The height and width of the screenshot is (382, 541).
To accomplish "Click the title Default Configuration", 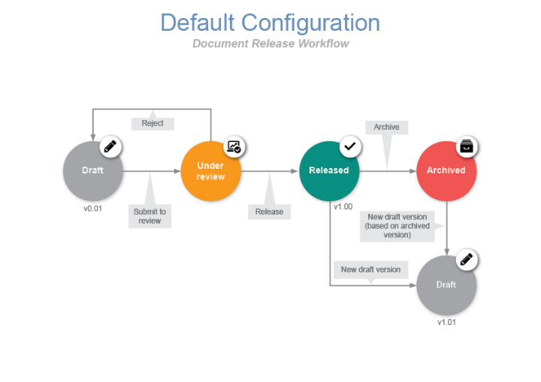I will [x=270, y=23].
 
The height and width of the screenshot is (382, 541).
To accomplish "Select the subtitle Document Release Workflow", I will [x=270, y=44].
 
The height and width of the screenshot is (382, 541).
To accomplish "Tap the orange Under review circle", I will [x=210, y=171].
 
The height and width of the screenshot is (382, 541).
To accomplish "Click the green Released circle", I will [x=329, y=170].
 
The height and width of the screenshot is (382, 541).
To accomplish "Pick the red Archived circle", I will [x=446, y=170].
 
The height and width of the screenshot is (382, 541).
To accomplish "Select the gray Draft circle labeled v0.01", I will [x=92, y=170].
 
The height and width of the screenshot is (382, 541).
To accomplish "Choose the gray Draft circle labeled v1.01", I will [x=446, y=285].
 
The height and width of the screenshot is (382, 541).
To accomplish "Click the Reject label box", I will [x=153, y=123].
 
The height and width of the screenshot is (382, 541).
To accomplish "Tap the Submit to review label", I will [x=150, y=216].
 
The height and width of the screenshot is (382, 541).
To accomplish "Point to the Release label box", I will [x=269, y=212].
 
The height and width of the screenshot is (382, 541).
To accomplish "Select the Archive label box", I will [x=386, y=127].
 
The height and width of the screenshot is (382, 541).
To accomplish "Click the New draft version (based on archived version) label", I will [x=397, y=226].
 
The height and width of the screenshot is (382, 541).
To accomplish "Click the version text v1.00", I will [x=343, y=206].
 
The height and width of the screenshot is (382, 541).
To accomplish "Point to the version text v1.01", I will [x=446, y=322].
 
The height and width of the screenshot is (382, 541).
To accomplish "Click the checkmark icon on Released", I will [x=349, y=146].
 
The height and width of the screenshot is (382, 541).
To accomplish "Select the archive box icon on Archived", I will [x=467, y=146].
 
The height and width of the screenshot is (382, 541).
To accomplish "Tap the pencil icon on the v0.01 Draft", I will [x=111, y=146].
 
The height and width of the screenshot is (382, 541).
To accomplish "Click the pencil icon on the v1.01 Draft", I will [x=467, y=260].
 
